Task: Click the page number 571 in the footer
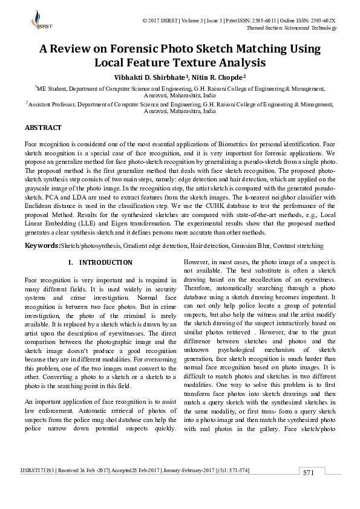(x=309, y=490)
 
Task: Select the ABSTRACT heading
(x=43, y=128)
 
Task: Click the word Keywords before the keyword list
(x=42, y=246)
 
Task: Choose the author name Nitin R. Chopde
(x=218, y=77)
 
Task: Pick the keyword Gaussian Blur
(x=250, y=246)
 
